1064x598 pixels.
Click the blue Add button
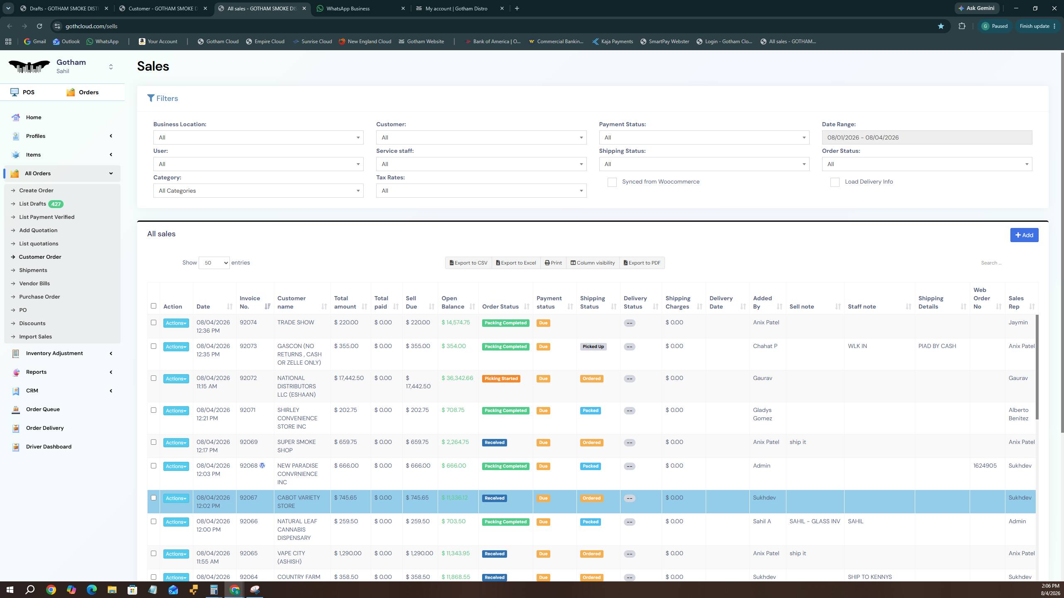1024,235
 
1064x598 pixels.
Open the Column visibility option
593,263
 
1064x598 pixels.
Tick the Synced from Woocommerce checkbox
612,182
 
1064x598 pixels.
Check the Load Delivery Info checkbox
835,182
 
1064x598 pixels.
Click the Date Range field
927,137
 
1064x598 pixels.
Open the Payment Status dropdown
704,137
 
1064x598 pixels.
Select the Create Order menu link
36,191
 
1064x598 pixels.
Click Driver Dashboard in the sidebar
49,447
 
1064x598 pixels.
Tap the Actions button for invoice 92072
176,379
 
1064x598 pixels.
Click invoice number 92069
249,442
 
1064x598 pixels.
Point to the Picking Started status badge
501,379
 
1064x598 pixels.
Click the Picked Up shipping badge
593,347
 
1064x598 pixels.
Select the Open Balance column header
453,302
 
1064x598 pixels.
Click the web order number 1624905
985,466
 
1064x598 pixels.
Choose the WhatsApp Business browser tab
348,8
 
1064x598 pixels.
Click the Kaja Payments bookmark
613,42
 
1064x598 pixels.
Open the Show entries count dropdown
214,263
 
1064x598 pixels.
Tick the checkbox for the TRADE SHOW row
153,323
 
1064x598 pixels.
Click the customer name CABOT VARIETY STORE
298,502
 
